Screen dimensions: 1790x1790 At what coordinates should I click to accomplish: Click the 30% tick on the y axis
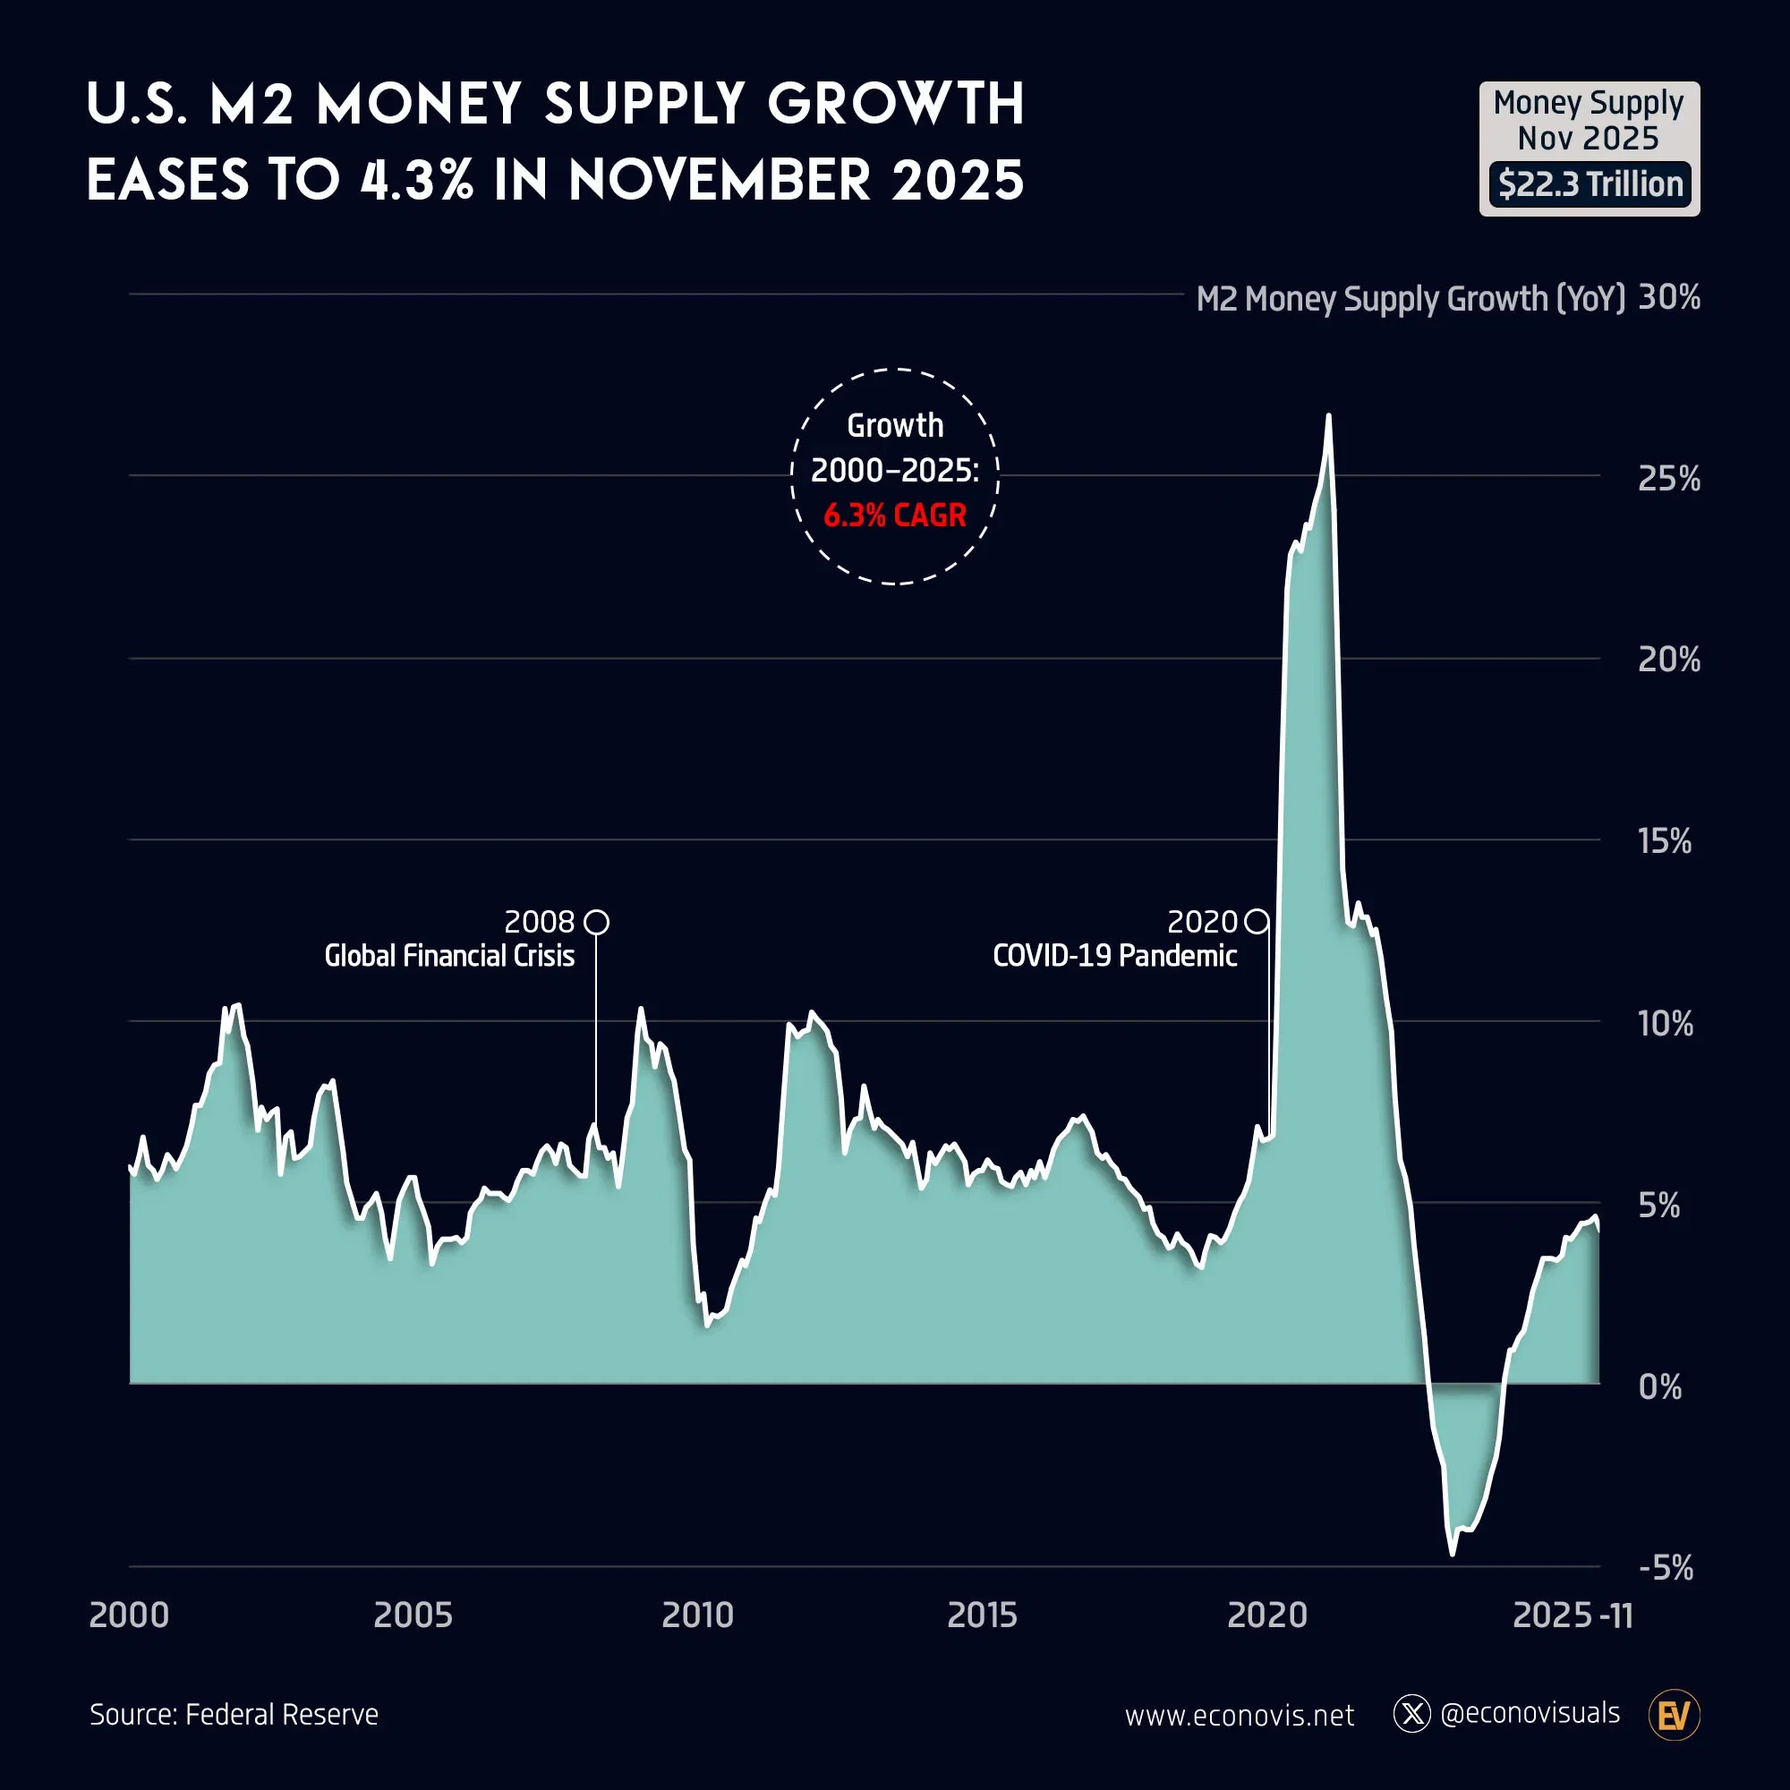pyautogui.click(x=1668, y=297)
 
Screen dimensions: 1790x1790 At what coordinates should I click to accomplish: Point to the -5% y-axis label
pyautogui.click(x=1665, y=1568)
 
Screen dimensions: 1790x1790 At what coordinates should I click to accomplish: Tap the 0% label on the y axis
pyautogui.click(x=1659, y=1387)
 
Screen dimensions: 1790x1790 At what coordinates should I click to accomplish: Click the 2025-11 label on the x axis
pyautogui.click(x=1572, y=1615)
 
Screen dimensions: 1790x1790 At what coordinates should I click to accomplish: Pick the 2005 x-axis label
pyautogui.click(x=413, y=1615)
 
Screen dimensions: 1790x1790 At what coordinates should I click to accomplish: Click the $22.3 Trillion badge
pyautogui.click(x=1589, y=183)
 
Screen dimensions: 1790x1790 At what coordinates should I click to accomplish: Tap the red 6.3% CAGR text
pyautogui.click(x=894, y=516)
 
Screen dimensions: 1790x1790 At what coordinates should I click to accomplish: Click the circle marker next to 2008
pyautogui.click(x=597, y=922)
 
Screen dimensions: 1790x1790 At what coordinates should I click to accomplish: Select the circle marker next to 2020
pyautogui.click(x=1257, y=922)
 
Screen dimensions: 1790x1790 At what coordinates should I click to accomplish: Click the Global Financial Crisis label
pyautogui.click(x=449, y=955)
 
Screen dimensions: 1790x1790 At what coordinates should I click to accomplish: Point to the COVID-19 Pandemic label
pyautogui.click(x=1114, y=955)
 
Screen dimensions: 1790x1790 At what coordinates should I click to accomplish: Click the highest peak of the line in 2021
pyautogui.click(x=1328, y=416)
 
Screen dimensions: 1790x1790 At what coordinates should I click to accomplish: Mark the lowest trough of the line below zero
pyautogui.click(x=1452, y=1554)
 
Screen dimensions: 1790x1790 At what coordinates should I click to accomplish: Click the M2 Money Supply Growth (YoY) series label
pyautogui.click(x=1411, y=299)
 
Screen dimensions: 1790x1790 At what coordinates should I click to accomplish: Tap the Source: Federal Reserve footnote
pyautogui.click(x=234, y=1714)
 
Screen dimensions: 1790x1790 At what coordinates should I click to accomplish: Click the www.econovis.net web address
pyautogui.click(x=1239, y=1715)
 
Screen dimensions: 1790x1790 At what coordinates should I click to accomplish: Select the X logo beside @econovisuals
pyautogui.click(x=1411, y=1713)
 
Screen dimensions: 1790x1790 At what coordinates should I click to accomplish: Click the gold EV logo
pyautogui.click(x=1674, y=1715)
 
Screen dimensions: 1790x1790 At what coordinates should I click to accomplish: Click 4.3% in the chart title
pyautogui.click(x=416, y=180)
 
